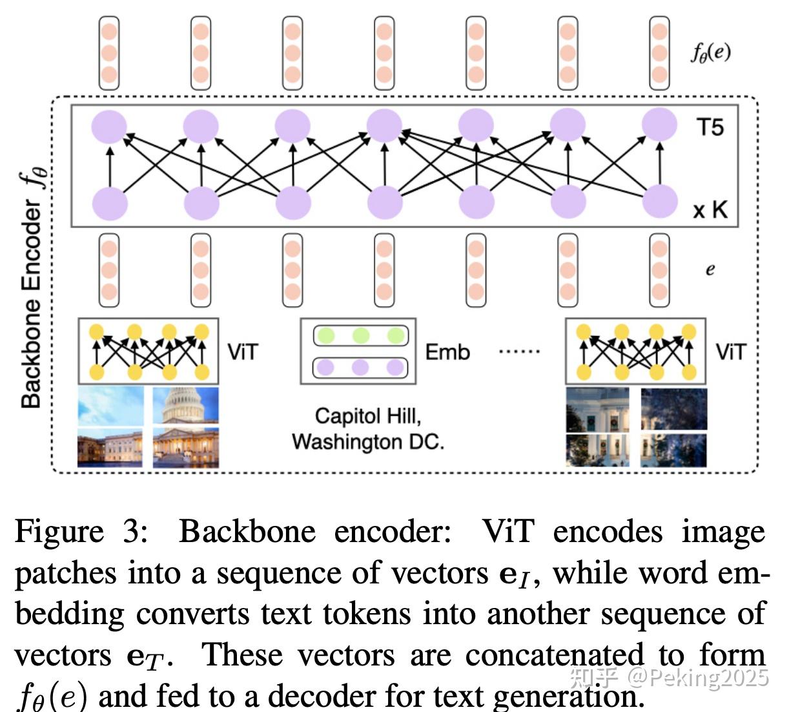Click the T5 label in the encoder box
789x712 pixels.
[710, 127]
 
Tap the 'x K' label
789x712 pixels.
[710, 209]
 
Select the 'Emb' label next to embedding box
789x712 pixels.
[447, 352]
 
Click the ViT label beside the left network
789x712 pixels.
[243, 352]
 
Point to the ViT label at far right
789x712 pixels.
[730, 352]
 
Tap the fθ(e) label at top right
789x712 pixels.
[710, 52]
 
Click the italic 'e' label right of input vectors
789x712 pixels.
[710, 269]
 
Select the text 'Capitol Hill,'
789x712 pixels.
[368, 415]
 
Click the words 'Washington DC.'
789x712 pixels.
[368, 442]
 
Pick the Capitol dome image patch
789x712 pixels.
[185, 405]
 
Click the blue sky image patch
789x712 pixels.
[110, 406]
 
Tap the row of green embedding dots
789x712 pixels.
[360, 335]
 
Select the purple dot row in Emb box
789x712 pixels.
[360, 368]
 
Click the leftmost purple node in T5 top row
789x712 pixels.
[109, 126]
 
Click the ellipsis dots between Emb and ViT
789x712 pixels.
[520, 352]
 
